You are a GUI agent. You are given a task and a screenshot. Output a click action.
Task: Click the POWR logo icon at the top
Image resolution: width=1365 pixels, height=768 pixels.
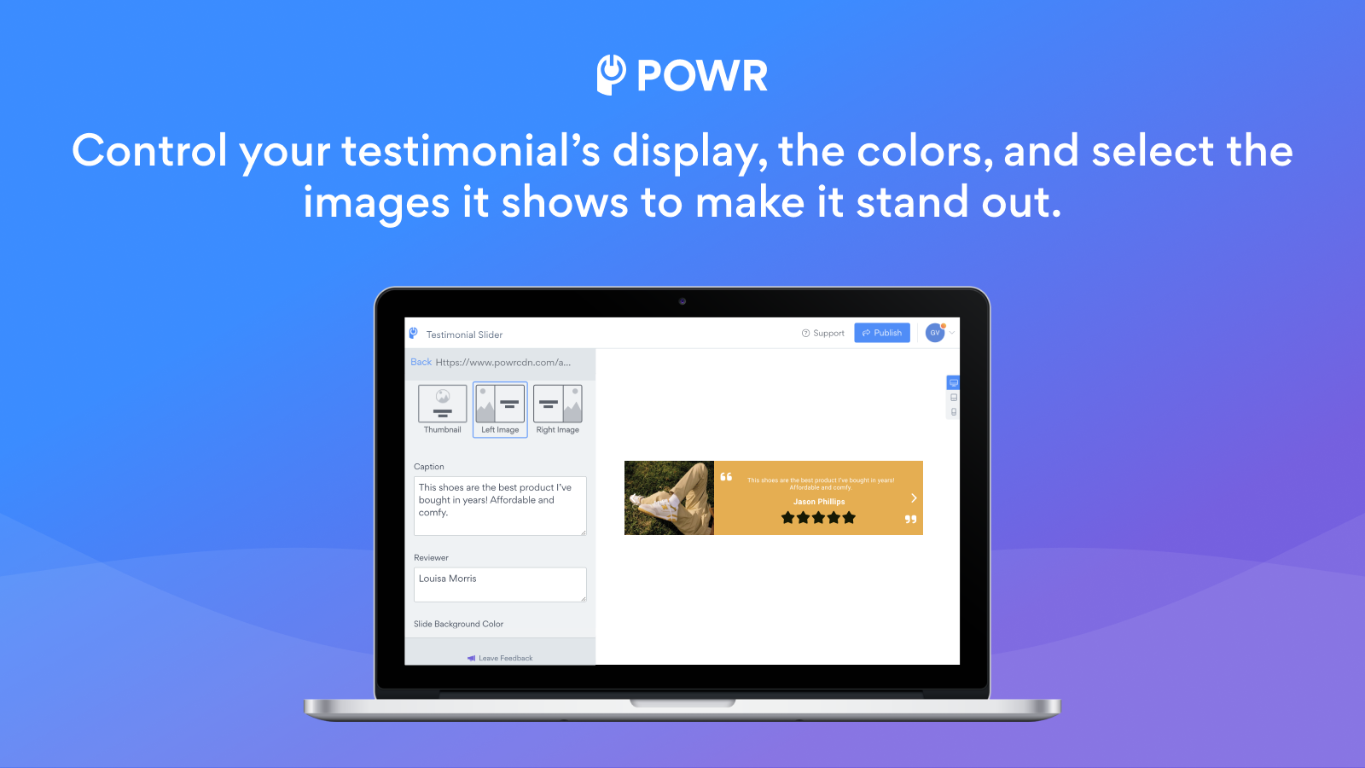coord(611,75)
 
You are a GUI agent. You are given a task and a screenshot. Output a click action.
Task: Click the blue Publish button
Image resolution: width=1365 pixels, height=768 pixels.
coord(882,333)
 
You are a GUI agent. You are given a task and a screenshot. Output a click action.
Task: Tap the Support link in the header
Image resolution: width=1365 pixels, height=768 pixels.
coord(823,334)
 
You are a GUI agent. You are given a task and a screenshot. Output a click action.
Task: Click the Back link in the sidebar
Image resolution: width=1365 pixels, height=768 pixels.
coord(421,363)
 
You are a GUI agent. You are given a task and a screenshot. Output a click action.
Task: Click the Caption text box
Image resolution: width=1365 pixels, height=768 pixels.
coord(500,506)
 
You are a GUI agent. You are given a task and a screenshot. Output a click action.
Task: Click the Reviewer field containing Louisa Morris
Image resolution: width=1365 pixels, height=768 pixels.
coord(500,585)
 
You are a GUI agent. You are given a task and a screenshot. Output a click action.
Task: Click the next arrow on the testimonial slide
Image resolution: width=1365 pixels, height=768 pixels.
coord(914,497)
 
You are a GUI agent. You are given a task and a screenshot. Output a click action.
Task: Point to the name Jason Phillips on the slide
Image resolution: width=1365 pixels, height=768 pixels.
coord(819,502)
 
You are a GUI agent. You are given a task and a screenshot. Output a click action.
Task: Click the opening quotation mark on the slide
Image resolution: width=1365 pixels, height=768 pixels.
coord(726,477)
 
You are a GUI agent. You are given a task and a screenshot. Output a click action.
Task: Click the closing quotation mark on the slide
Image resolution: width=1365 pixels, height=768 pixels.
coord(910,519)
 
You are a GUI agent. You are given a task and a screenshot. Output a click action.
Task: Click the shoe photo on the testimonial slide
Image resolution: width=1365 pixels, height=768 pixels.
coord(669,498)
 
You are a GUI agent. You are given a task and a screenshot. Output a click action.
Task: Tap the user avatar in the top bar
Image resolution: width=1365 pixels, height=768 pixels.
coord(935,333)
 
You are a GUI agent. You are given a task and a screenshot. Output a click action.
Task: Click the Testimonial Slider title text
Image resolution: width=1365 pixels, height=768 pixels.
coord(464,335)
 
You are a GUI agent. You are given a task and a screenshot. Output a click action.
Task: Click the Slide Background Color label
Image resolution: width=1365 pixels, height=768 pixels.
coord(458,624)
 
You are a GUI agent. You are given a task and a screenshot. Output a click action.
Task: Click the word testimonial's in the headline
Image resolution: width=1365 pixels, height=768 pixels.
coord(471,152)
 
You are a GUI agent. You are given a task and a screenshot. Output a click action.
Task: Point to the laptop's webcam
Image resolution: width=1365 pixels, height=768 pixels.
coord(682,301)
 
